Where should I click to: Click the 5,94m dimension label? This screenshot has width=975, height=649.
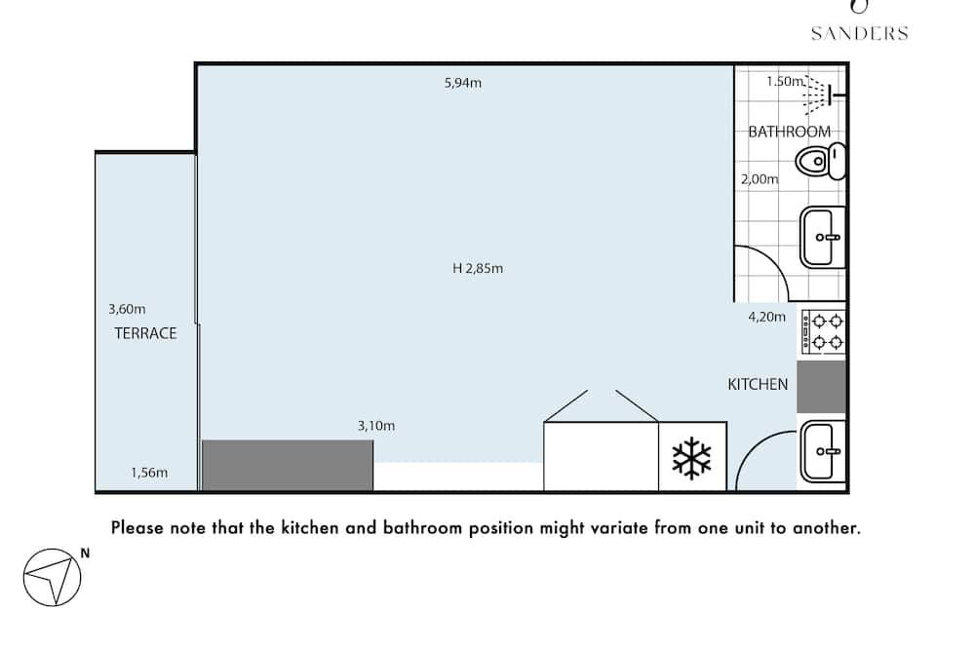tap(462, 83)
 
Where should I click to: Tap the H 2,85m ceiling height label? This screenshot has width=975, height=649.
tap(478, 269)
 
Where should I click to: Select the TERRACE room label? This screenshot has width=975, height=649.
tap(145, 333)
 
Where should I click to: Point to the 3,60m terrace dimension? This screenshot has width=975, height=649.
tap(127, 309)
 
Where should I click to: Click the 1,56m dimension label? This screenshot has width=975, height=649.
tap(149, 473)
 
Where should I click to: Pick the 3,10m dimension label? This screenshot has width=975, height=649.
tap(376, 426)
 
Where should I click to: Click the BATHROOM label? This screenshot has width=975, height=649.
tap(789, 132)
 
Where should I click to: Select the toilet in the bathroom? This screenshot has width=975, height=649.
tap(820, 162)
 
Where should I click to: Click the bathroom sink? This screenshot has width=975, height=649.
tap(823, 238)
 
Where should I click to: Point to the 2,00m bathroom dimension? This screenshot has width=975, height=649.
tap(760, 179)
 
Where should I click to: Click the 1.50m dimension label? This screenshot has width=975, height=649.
tap(785, 82)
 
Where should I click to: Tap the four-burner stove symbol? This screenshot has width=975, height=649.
tap(823, 332)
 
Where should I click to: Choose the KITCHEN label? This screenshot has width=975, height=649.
tap(758, 384)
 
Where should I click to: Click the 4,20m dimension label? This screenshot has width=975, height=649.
tap(766, 317)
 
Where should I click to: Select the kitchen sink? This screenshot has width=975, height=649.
tap(823, 451)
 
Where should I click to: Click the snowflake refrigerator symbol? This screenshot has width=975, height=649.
tap(691, 458)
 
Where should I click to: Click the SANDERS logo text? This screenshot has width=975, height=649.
tap(859, 33)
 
